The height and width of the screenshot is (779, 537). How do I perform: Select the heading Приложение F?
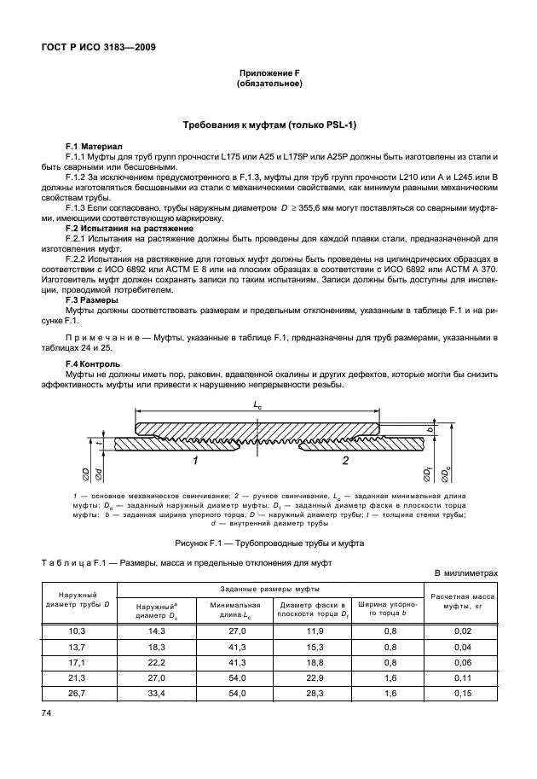pos(269,74)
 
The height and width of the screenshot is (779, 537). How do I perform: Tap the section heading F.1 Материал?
pos(94,147)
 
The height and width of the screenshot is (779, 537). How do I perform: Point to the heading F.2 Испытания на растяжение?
pos(129,229)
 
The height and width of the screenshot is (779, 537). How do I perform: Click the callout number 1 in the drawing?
pos(195,461)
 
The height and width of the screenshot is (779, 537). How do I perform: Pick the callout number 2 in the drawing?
pos(345,461)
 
